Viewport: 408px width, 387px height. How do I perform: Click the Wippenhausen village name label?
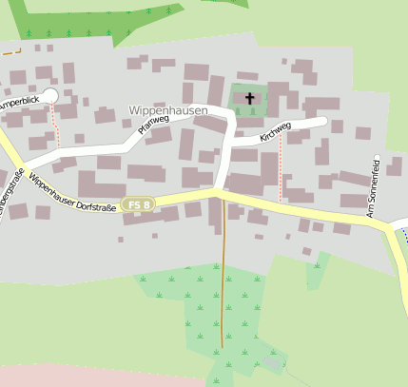click(166, 110)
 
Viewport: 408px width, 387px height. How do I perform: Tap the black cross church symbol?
click(250, 98)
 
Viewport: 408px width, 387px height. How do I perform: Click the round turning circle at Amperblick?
click(50, 96)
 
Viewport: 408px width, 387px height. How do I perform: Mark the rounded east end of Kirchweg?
click(323, 122)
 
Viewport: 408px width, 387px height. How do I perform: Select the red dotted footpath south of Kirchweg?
click(281, 166)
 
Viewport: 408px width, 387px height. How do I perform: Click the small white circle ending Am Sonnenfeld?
click(377, 156)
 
